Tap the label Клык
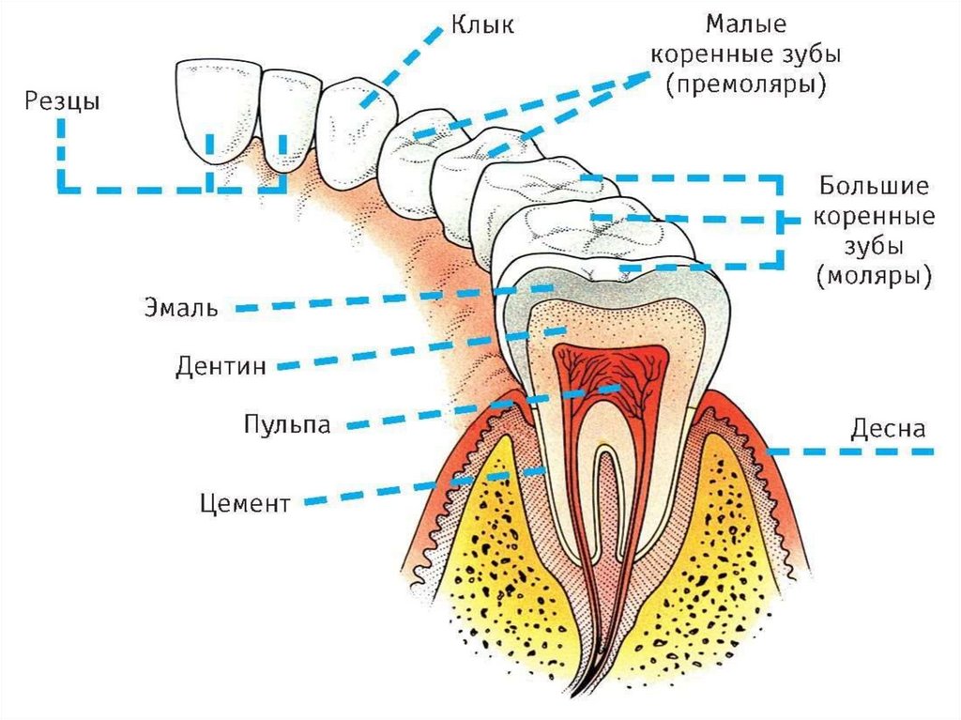(x=483, y=23)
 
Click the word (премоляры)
(x=746, y=85)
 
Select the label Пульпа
(x=287, y=423)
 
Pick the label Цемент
(x=246, y=503)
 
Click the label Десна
(x=888, y=429)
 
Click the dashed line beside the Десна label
(x=854, y=452)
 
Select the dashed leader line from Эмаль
(x=375, y=300)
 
